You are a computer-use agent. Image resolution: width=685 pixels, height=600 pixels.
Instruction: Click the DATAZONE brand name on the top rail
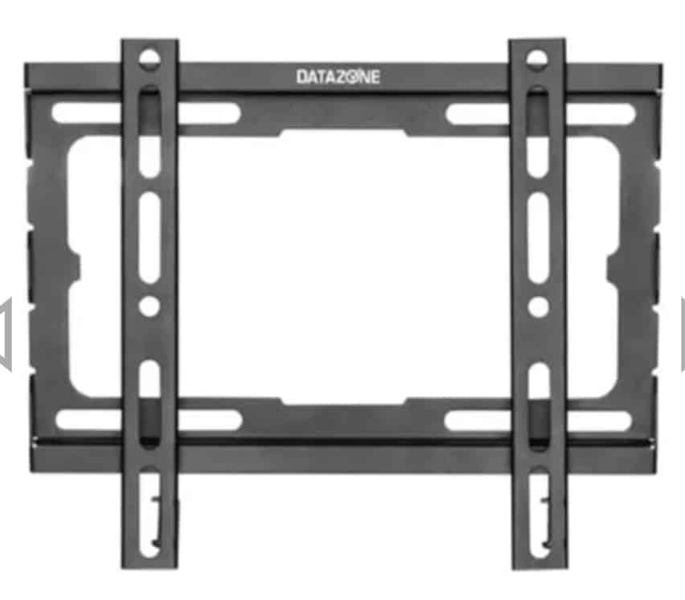(x=338, y=77)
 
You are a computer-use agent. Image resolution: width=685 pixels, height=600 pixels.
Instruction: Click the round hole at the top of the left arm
(x=150, y=59)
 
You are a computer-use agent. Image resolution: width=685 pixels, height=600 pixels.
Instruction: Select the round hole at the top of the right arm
(x=537, y=59)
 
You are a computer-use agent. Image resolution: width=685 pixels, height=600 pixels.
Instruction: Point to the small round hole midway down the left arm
(x=150, y=306)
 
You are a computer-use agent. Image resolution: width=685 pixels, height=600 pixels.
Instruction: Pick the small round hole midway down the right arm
(x=538, y=306)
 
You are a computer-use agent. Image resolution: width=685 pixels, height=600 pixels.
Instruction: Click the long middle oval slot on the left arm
(x=150, y=238)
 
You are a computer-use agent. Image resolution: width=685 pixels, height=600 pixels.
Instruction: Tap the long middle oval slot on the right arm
(x=538, y=238)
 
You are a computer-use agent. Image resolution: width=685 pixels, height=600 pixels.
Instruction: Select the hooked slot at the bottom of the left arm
(x=149, y=512)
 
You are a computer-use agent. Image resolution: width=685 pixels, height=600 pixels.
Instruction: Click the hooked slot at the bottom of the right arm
(x=539, y=512)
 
